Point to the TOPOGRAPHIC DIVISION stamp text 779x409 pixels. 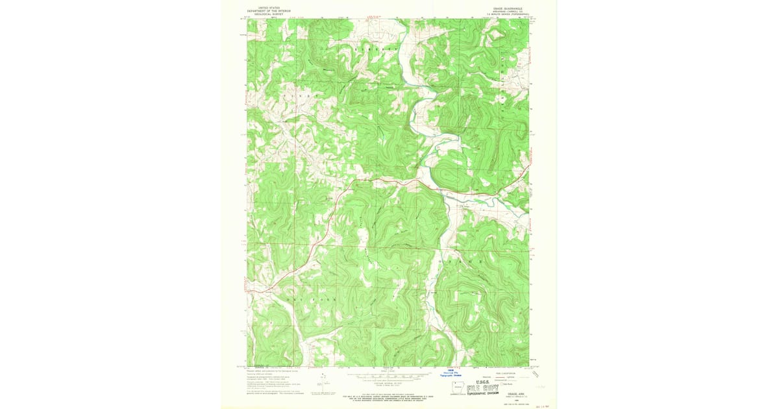pos(482,393)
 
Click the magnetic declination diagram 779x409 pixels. pos(322,382)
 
